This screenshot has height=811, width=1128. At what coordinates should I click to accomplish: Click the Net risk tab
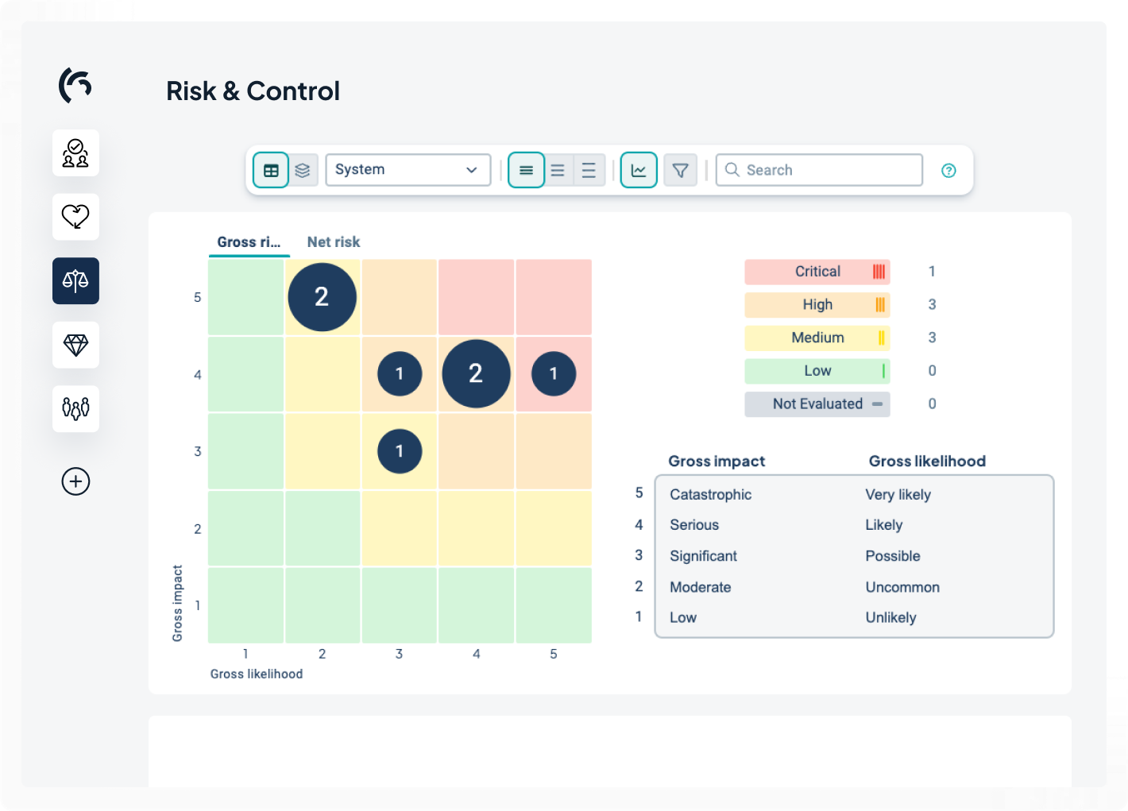coord(333,242)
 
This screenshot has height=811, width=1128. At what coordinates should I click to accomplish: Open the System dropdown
coord(408,170)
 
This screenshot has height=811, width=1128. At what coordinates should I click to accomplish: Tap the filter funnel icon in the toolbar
coord(680,170)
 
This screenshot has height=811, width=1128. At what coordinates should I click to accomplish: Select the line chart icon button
coord(639,170)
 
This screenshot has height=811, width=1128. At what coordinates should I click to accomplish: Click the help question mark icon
coord(948,171)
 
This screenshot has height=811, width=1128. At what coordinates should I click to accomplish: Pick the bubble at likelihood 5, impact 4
coord(554,373)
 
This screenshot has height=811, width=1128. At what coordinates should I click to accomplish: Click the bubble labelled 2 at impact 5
coord(322,297)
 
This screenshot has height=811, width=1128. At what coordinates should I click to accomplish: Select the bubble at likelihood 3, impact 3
coord(400,451)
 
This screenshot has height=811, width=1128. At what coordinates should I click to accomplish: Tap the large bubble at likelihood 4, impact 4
coord(476,373)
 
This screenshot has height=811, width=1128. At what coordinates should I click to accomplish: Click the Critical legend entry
coord(817,272)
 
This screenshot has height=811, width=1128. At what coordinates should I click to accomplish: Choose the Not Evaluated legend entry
coord(817,404)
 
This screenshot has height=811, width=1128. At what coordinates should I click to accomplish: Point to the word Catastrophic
coord(710,495)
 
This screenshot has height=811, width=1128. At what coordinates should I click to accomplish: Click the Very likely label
coord(898,495)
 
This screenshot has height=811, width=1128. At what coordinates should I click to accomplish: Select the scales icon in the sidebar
coord(75,280)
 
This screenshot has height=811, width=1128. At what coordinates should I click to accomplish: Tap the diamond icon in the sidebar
coord(75,345)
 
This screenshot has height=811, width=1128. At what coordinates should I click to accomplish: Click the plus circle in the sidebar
coord(75,481)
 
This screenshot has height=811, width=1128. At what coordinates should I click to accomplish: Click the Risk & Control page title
coord(253,91)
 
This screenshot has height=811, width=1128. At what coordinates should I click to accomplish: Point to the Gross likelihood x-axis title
coord(256,674)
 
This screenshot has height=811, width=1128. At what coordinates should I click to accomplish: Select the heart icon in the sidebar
coord(75,216)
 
